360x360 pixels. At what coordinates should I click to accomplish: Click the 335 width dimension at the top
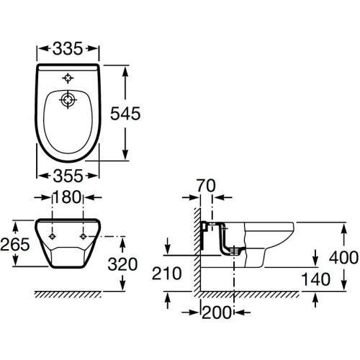point(68,48)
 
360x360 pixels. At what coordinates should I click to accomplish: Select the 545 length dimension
point(125,113)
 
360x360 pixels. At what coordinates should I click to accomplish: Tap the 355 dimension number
point(68,176)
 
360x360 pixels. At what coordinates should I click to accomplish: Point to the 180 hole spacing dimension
point(67,197)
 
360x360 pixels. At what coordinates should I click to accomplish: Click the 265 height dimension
point(15,244)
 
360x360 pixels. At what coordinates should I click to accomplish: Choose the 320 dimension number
point(122,264)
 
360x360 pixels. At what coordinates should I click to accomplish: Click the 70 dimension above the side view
point(206,186)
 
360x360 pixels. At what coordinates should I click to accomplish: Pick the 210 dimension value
point(167,274)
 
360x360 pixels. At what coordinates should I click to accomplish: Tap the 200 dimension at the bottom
point(217,312)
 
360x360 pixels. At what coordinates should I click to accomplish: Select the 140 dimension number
point(316,279)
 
